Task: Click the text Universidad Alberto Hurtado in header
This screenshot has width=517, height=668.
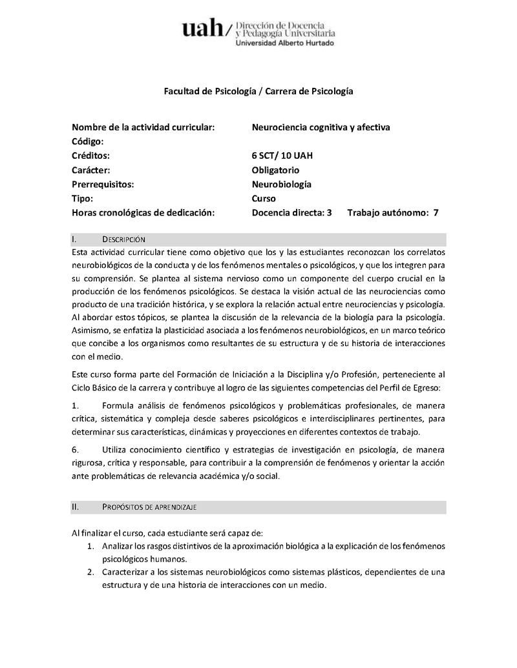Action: (x=286, y=43)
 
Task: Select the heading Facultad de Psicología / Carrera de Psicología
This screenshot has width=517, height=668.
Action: (x=258, y=92)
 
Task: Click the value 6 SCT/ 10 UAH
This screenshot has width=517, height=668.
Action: (x=282, y=156)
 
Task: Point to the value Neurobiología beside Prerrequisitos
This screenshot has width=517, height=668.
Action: (x=281, y=184)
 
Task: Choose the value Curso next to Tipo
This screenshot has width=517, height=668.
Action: (x=264, y=198)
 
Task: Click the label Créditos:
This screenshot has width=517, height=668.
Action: (x=91, y=156)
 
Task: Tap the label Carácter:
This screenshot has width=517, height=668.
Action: (x=91, y=170)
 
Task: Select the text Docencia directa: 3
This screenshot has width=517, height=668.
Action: (x=291, y=212)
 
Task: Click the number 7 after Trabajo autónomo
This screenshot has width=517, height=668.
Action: (x=436, y=212)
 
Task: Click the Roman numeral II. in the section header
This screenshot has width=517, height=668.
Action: (x=75, y=507)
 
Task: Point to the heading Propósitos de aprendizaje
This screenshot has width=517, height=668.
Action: (x=149, y=507)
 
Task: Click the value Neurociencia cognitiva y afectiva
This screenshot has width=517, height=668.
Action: (x=321, y=127)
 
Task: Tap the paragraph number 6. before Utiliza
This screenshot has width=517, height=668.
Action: (x=75, y=449)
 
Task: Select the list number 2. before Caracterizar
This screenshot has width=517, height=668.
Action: (x=91, y=572)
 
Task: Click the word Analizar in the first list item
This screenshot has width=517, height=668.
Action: (x=119, y=547)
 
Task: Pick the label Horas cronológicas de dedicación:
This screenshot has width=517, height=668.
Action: (x=143, y=212)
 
